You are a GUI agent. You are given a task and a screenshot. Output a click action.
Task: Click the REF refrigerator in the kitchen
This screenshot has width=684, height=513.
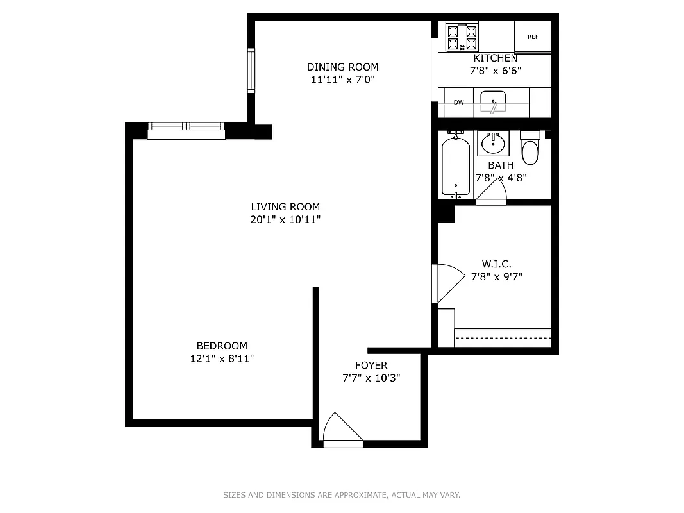[533, 37]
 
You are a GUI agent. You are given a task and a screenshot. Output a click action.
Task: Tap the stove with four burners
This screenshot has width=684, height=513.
[462, 37]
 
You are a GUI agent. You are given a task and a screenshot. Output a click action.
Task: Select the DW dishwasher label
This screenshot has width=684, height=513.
[458, 103]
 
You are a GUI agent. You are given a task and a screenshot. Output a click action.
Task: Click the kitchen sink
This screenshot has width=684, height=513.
[493, 101]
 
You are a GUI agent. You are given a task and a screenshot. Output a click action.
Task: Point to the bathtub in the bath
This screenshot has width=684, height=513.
[456, 165]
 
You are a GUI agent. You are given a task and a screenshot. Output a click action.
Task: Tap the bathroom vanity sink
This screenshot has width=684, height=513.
[493, 143]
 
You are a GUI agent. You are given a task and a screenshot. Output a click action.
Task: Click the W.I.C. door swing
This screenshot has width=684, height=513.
[449, 283]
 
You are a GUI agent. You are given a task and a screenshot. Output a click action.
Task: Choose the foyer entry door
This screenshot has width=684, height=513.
[342, 429]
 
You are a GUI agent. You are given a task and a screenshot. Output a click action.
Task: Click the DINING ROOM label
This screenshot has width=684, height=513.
[342, 67]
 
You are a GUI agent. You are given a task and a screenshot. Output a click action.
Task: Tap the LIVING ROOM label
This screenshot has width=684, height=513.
[285, 206]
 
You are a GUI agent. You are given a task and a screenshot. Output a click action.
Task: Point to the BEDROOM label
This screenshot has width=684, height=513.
[222, 346]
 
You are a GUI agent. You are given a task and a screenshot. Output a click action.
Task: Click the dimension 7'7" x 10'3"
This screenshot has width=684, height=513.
[371, 378]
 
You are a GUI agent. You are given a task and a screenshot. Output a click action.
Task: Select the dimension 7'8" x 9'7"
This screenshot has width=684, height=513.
[497, 277]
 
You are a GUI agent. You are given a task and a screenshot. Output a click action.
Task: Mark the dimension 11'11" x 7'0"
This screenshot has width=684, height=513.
[342, 80]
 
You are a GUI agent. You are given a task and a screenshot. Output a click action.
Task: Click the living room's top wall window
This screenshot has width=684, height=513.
[186, 130]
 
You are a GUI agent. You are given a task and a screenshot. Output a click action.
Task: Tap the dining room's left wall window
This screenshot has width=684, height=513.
[252, 71]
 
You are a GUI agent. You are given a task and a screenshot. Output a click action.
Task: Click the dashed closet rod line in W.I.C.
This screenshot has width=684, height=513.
[503, 338]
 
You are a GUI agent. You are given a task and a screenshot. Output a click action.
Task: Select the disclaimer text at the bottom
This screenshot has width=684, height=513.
[342, 495]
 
